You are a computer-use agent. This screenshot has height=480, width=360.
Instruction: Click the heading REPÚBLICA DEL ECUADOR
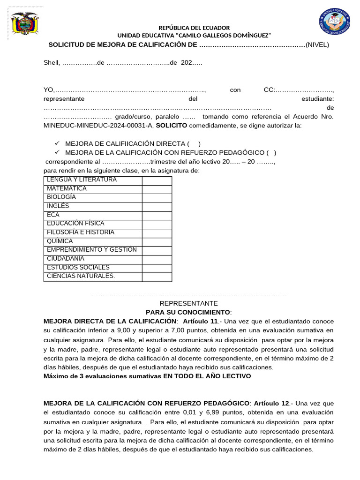(194, 28)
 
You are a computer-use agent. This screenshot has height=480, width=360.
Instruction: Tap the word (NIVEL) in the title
(317, 45)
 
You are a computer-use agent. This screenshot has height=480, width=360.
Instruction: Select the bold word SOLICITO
(171, 126)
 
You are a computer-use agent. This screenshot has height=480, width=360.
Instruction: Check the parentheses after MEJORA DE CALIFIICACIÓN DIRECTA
(194, 144)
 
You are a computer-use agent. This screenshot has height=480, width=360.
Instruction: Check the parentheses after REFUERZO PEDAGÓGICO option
(271, 152)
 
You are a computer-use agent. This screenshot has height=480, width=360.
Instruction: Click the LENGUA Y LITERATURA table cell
(93, 180)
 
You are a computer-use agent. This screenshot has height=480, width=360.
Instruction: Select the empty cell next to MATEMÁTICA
(157, 189)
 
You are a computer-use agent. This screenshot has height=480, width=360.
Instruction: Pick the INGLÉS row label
(93, 207)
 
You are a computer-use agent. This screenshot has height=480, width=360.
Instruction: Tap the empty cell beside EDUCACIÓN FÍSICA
(157, 225)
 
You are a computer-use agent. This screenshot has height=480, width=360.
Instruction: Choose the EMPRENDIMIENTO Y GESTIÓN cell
(93, 250)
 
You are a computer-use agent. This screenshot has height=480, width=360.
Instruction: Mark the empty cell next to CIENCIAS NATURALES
(157, 277)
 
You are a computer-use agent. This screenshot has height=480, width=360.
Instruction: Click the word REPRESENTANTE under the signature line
(189, 303)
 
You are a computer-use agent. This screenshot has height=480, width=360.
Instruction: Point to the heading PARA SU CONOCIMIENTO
(188, 312)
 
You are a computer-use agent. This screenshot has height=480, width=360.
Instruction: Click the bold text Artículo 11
(200, 321)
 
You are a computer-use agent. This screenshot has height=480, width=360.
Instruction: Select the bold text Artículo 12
(271, 403)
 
